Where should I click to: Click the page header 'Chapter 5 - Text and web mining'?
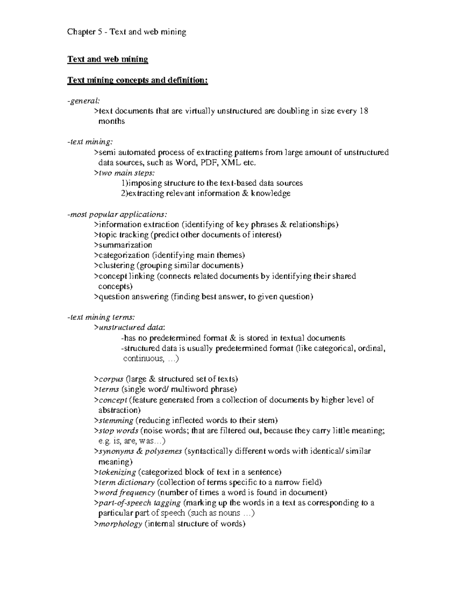(126, 32)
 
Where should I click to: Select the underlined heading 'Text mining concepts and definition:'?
(137, 80)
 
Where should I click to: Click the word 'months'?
(112, 121)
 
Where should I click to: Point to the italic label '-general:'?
(83, 101)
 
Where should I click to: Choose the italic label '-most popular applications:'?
(117, 214)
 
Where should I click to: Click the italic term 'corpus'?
(111, 379)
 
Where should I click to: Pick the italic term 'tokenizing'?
(117, 472)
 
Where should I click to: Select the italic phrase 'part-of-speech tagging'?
(139, 503)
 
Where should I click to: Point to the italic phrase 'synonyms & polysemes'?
(140, 451)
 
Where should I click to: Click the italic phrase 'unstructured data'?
(131, 327)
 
